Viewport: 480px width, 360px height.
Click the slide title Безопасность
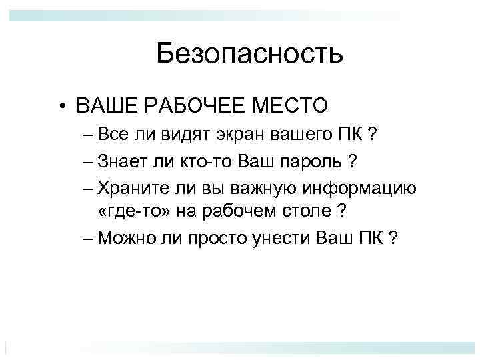[249, 53]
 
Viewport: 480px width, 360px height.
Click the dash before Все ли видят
[90, 137]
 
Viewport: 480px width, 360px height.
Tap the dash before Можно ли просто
[90, 239]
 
